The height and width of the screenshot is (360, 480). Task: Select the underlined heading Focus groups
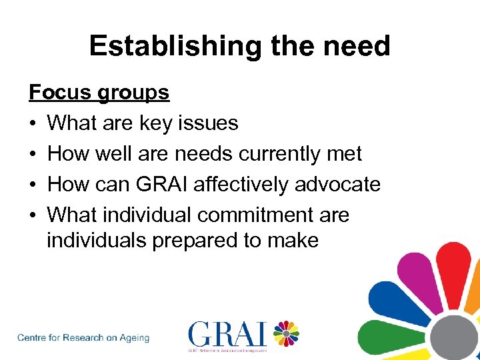tap(99, 92)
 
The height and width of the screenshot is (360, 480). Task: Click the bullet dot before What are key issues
tap(33, 123)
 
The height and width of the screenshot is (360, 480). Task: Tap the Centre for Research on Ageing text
tap(83, 338)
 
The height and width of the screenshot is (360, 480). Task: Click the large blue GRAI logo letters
tap(227, 334)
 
